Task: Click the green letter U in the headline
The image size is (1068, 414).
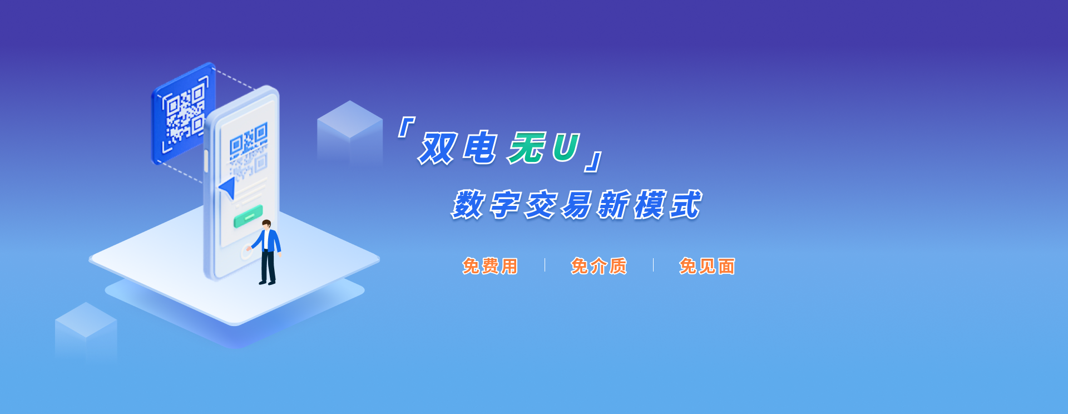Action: (566, 147)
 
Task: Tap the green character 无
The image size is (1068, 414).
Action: (526, 148)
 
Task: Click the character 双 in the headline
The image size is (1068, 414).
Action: (438, 149)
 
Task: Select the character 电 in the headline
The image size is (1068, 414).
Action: (481, 148)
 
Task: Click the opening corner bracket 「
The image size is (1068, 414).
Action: (406, 127)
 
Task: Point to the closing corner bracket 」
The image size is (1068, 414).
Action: (594, 161)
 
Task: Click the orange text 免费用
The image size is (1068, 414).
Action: (490, 266)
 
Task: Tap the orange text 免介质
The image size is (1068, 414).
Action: (599, 266)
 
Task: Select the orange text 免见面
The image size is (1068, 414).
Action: (707, 266)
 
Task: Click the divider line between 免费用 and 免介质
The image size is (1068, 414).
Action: (545, 265)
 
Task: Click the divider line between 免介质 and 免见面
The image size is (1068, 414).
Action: (653, 265)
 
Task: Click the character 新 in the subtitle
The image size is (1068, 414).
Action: (614, 205)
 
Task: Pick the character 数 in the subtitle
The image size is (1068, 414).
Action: (468, 205)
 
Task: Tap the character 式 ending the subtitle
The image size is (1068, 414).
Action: (686, 205)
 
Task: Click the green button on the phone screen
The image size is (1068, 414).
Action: (248, 216)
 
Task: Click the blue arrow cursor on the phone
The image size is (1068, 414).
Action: (228, 188)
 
